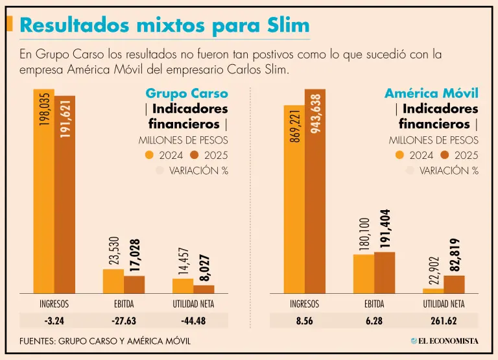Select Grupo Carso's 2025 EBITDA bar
(134, 285)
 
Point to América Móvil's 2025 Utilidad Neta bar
(455, 285)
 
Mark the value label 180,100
(364, 234)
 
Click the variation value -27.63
(124, 320)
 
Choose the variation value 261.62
(444, 320)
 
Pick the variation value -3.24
(54, 320)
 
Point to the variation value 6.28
(375, 320)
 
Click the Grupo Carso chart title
(186, 93)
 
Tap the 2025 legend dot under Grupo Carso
(195, 155)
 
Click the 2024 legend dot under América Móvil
(399, 155)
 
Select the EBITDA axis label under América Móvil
(375, 303)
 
